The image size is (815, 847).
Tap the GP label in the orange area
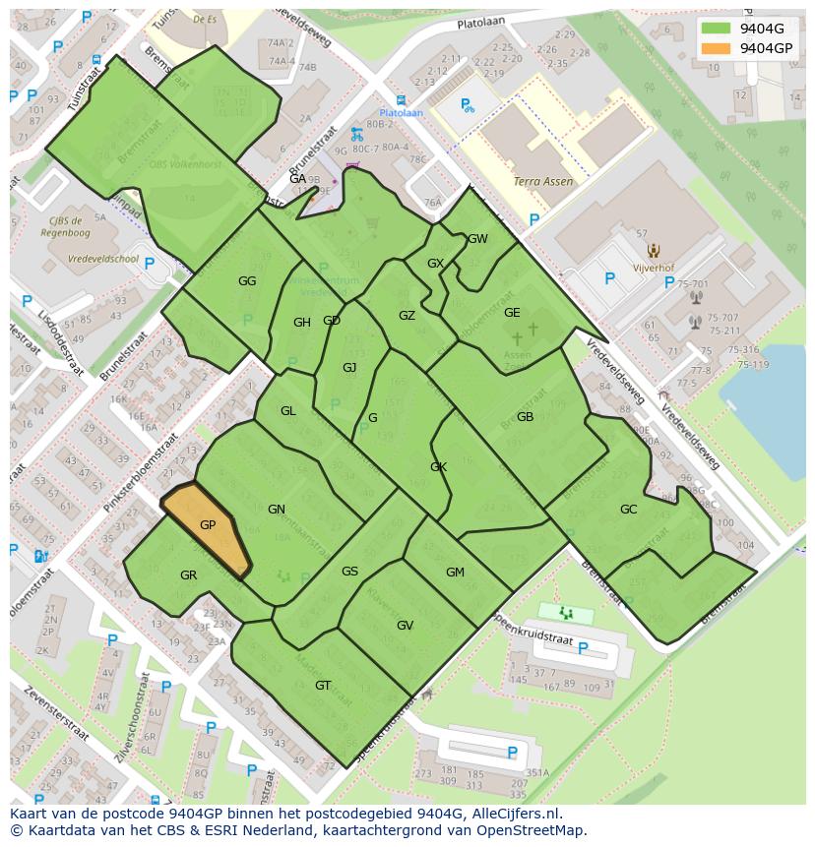(208, 525)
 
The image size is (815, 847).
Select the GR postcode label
(189, 575)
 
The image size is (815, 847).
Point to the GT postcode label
(323, 686)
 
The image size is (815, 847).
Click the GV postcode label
(405, 626)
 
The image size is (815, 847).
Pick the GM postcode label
(455, 573)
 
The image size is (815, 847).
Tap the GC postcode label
(628, 510)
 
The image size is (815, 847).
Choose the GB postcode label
(525, 417)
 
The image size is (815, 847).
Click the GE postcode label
(512, 313)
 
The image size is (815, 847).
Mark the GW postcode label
(477, 239)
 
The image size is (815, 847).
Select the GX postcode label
(436, 264)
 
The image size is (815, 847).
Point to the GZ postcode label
(407, 316)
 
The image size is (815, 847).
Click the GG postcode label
(247, 281)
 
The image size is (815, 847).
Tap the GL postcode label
(287, 411)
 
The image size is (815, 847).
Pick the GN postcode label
(277, 510)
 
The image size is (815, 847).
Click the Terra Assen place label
(543, 182)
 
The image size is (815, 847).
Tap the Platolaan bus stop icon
(400, 100)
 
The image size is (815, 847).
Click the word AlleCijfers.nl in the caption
(513, 814)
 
